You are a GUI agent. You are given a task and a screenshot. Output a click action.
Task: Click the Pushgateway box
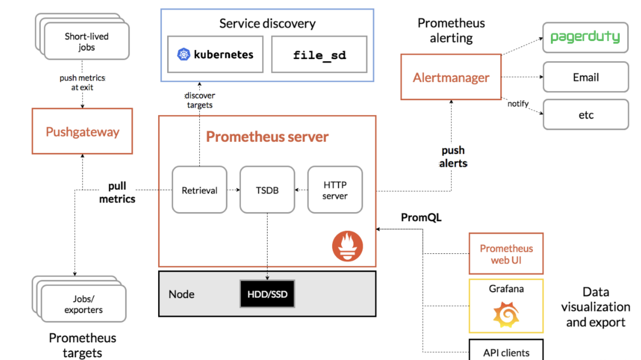tap(82, 132)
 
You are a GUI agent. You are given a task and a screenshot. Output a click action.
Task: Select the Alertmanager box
tap(451, 77)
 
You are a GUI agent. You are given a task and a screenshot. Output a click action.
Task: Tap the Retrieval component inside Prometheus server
tap(199, 190)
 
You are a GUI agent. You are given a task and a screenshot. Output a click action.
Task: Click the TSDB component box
tap(267, 190)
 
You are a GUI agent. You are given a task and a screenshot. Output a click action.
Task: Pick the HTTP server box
tap(335, 190)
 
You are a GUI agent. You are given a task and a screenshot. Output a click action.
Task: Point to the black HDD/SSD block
tap(267, 294)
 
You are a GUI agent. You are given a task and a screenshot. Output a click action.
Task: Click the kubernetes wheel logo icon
tap(183, 54)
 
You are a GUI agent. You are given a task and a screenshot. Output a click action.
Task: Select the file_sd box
tap(319, 55)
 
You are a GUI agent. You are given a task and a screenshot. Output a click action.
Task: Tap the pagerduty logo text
tap(585, 37)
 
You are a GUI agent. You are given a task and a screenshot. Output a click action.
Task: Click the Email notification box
tap(586, 77)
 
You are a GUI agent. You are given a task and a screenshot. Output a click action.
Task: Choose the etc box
tap(586, 115)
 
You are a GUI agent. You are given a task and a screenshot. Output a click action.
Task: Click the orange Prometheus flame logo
tap(347, 246)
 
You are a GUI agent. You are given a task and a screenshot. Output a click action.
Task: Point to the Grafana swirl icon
tap(506, 314)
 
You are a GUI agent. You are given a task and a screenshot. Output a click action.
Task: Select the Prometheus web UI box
tap(506, 254)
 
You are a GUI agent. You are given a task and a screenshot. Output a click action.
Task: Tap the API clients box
tap(506, 352)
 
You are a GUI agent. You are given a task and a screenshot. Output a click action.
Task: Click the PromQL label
tap(421, 218)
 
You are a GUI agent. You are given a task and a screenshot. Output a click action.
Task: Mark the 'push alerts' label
tap(453, 157)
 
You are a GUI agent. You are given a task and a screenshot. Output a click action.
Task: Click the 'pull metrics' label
tap(117, 192)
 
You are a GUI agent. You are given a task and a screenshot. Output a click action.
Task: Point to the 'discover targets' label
tap(200, 100)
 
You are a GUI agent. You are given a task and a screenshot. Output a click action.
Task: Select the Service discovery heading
tap(267, 24)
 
